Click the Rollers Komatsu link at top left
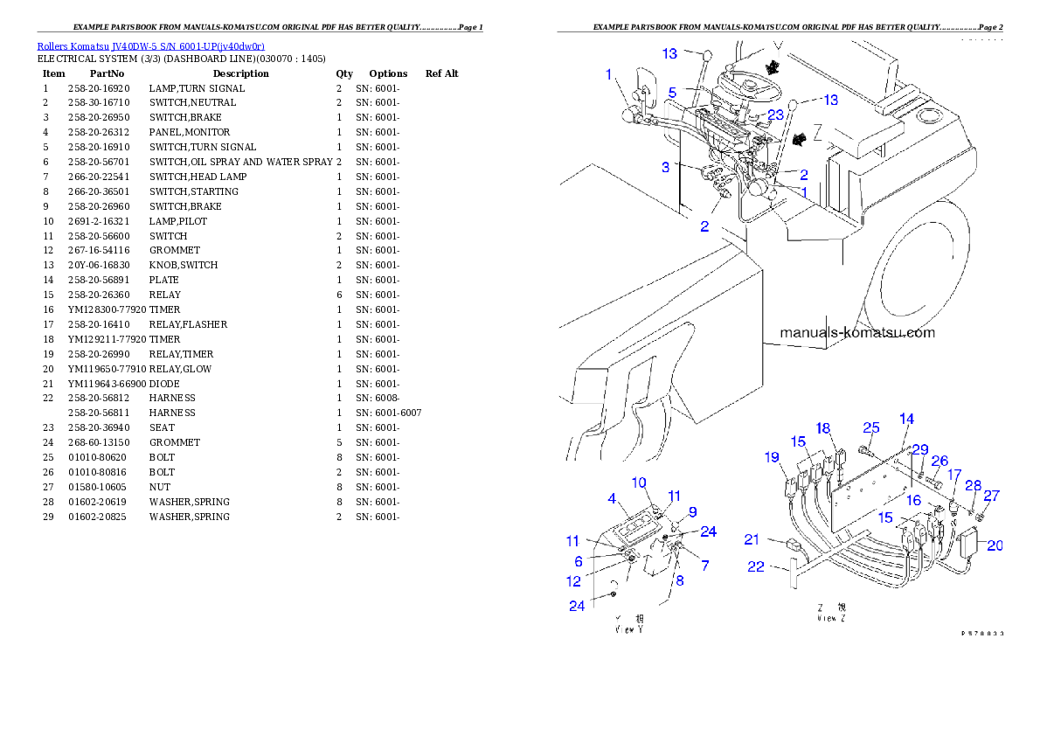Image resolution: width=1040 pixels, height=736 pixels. pos(150,46)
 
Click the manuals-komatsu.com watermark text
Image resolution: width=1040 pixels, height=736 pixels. pos(856,332)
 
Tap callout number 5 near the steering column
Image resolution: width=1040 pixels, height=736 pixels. pos(673,93)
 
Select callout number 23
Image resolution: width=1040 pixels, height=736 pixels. pos(775,114)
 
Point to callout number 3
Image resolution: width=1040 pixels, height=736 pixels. pos(665,166)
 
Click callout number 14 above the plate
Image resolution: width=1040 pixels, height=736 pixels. pos(906,419)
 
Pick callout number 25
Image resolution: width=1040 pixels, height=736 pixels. pos(870,427)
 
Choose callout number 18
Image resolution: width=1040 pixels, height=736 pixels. pos(823,428)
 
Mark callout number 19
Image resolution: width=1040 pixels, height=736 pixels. pos(771,456)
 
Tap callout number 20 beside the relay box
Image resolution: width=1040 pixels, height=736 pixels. pos(995,545)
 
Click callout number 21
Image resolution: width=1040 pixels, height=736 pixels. pos(752,538)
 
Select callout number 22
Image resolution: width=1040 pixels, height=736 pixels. pos(756,567)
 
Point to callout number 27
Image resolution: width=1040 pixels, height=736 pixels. pos(991,495)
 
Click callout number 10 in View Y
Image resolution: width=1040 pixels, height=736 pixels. pos(639,483)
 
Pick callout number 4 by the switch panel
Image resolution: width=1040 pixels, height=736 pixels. pos(612,499)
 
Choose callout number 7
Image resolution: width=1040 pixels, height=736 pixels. pos(705,566)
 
